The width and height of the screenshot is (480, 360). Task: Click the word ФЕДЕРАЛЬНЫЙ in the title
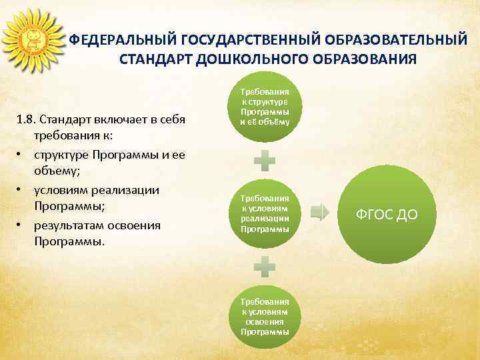pos(117,41)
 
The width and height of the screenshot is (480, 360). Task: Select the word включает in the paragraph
pos(113,120)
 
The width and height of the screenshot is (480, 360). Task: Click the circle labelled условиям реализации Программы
pos(265,213)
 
